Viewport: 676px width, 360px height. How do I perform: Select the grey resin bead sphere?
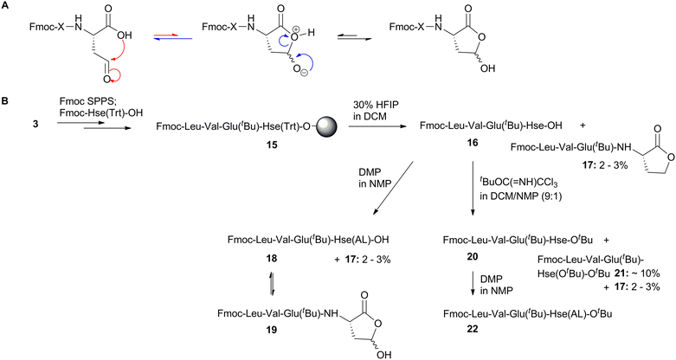[327, 126]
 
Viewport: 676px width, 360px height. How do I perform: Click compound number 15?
[271, 145]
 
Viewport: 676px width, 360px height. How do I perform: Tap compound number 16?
[473, 142]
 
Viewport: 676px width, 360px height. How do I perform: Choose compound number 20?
[473, 257]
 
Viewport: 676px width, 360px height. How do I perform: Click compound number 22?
[473, 330]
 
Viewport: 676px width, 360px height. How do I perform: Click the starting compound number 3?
[36, 124]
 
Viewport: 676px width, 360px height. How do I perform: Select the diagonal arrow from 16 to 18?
[394, 188]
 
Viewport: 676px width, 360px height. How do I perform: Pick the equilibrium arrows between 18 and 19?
[271, 283]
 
